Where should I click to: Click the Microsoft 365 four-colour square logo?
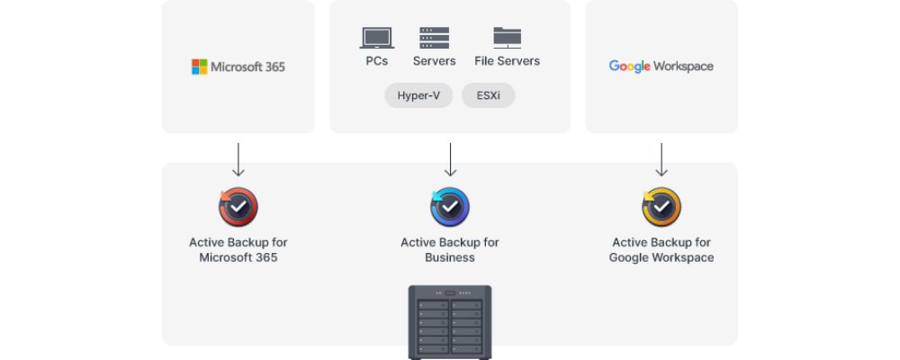pyautogui.click(x=199, y=67)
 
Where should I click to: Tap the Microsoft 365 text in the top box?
pyautogui.click(x=248, y=67)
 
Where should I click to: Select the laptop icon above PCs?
pyautogui.click(x=377, y=38)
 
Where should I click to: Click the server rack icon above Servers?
pyautogui.click(x=434, y=38)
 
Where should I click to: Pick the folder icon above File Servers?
pyautogui.click(x=508, y=38)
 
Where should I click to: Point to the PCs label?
pyautogui.click(x=377, y=61)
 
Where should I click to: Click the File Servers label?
pyautogui.click(x=508, y=61)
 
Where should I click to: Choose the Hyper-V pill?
pyautogui.click(x=418, y=95)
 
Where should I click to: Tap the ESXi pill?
pyautogui.click(x=489, y=95)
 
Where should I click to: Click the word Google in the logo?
pyautogui.click(x=630, y=67)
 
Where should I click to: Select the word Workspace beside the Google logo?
pyautogui.click(x=683, y=67)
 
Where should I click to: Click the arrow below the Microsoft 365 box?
pyautogui.click(x=238, y=159)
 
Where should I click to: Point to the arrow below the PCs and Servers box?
pyautogui.click(x=451, y=159)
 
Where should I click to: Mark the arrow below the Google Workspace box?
pyautogui.click(x=661, y=159)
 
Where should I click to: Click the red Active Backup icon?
pyautogui.click(x=238, y=207)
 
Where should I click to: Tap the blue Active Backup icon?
pyautogui.click(x=450, y=207)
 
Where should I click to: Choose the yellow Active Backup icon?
pyautogui.click(x=661, y=207)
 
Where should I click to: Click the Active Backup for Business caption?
pyautogui.click(x=450, y=250)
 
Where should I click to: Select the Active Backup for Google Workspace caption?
pyautogui.click(x=661, y=250)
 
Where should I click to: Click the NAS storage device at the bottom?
pyautogui.click(x=450, y=323)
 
